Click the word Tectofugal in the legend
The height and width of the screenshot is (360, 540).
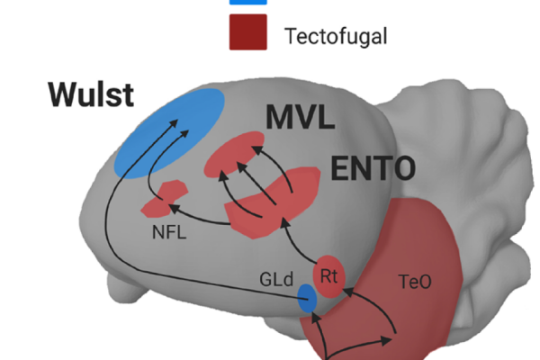pos(334,37)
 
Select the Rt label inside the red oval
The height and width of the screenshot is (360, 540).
pos(328,275)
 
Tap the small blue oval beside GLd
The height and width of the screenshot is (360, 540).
pos(308,299)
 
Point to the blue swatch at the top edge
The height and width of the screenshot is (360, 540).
pos(249,2)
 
